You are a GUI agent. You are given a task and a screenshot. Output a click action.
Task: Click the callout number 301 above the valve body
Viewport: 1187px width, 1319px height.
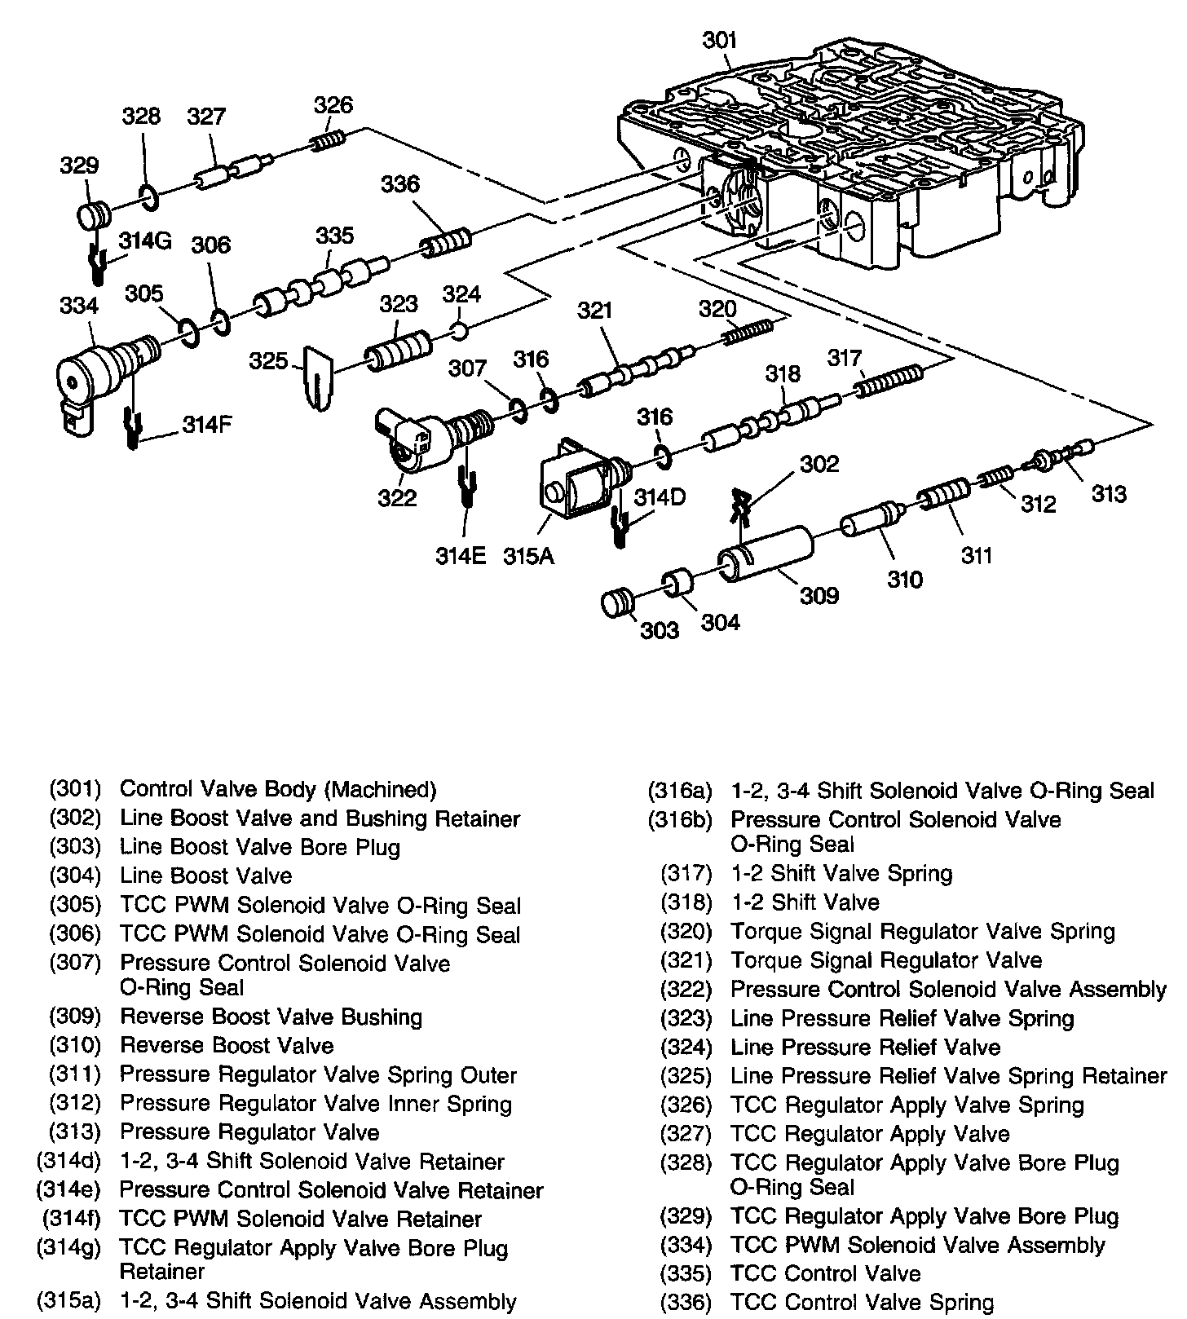tap(720, 40)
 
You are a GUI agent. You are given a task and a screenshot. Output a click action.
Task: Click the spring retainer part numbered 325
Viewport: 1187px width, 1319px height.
tap(318, 379)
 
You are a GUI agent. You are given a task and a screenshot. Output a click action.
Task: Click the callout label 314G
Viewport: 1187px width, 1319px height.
tap(145, 241)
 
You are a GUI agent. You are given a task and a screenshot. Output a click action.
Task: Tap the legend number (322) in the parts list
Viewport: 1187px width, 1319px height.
tap(686, 990)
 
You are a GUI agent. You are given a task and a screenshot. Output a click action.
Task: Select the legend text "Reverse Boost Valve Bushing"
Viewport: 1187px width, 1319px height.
tap(271, 1017)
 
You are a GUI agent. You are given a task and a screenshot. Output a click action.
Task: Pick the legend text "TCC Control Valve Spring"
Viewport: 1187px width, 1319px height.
tap(862, 1303)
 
